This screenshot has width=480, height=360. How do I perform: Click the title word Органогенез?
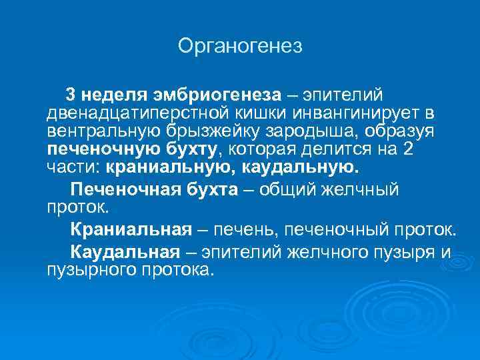[240, 46]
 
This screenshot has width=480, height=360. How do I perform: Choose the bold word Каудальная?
[125, 253]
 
